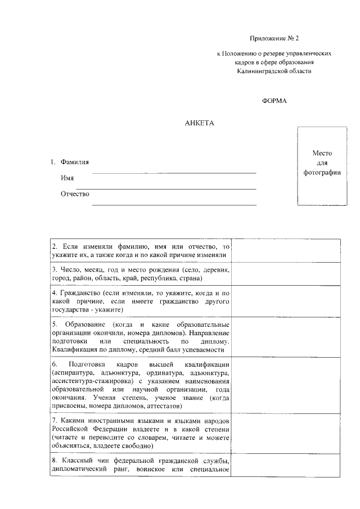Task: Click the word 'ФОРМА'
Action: point(274,101)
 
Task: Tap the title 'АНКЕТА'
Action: point(200,122)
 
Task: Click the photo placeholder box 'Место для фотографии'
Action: point(322,166)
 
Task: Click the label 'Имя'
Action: point(67,178)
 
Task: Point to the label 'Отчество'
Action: point(75,194)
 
